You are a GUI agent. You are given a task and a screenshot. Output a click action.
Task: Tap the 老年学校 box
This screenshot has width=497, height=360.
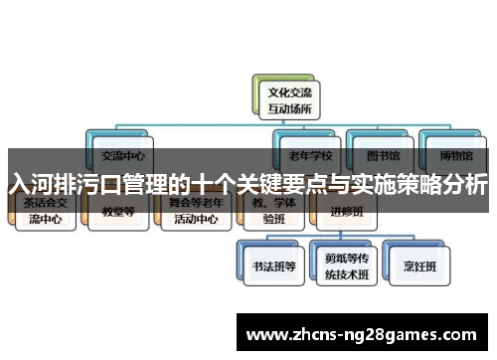pos(311,153)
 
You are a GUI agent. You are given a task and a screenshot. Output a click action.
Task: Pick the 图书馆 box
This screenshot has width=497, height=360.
pos(383,153)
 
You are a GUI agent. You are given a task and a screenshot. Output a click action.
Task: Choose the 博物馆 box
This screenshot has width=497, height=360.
pos(453,153)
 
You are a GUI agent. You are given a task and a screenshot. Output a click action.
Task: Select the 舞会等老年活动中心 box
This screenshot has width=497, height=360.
pos(194,213)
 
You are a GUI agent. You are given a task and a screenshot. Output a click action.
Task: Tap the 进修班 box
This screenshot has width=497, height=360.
pos(342,211)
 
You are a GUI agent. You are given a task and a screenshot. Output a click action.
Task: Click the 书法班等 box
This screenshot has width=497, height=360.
pos(268,267)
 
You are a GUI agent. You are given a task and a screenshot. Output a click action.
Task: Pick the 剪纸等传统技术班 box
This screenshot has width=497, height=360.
pos(342,267)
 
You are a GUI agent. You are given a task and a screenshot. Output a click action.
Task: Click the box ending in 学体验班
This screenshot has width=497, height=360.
pos(268,213)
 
